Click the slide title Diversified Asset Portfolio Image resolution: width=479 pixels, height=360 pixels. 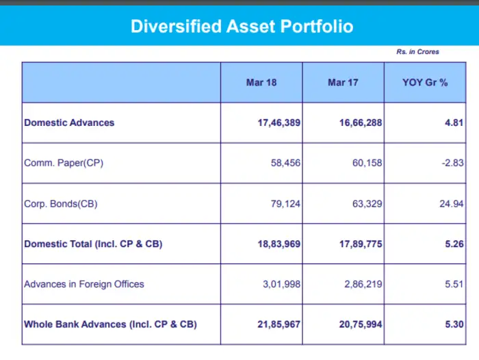(x=242, y=27)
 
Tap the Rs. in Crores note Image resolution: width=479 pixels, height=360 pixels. (x=417, y=52)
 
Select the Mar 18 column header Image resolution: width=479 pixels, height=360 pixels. (x=261, y=83)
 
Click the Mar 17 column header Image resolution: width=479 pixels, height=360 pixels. (x=343, y=83)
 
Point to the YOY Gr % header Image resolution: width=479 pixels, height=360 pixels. (x=425, y=83)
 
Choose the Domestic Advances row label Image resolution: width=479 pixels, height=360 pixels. (x=69, y=123)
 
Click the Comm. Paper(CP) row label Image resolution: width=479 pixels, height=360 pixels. (x=64, y=163)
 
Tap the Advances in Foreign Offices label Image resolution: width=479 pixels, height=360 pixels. (x=84, y=284)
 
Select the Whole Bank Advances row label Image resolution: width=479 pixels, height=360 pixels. (x=110, y=324)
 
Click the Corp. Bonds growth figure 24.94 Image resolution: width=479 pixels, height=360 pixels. (x=452, y=203)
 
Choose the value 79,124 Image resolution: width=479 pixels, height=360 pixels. (x=283, y=203)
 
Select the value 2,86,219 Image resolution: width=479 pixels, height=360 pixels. (x=361, y=284)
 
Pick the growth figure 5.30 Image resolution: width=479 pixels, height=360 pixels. (x=454, y=324)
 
